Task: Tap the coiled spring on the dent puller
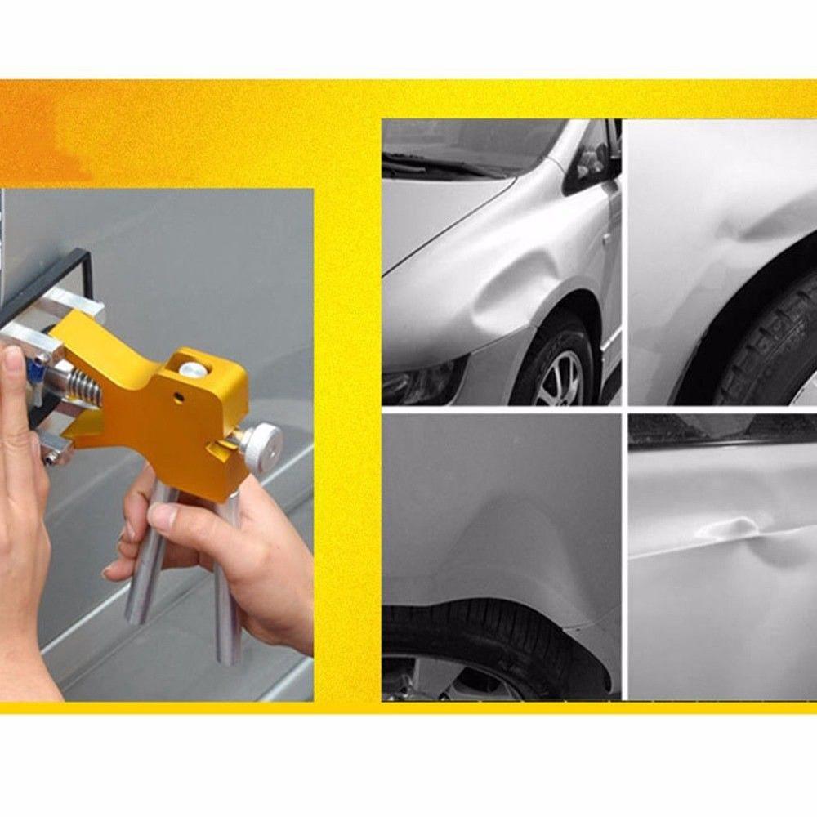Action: (84, 384)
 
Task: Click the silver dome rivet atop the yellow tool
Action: (193, 369)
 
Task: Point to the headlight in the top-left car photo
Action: (417, 382)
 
